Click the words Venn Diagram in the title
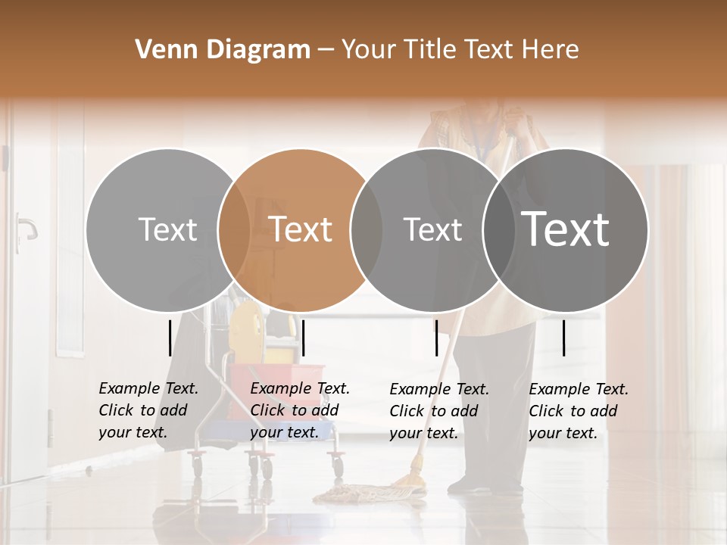[x=223, y=50]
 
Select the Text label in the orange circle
[x=301, y=229]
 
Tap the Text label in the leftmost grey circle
[x=167, y=229]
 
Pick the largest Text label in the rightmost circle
[x=566, y=229]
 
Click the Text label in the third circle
[x=432, y=229]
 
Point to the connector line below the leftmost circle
[x=170, y=338]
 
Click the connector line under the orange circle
[x=303, y=338]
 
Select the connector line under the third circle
[x=436, y=338]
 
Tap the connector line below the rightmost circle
[x=563, y=338]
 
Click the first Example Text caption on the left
[x=148, y=410]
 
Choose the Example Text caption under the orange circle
[x=300, y=410]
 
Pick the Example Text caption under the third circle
[x=439, y=411]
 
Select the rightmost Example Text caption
[x=579, y=411]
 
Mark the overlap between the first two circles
[x=234, y=229]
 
